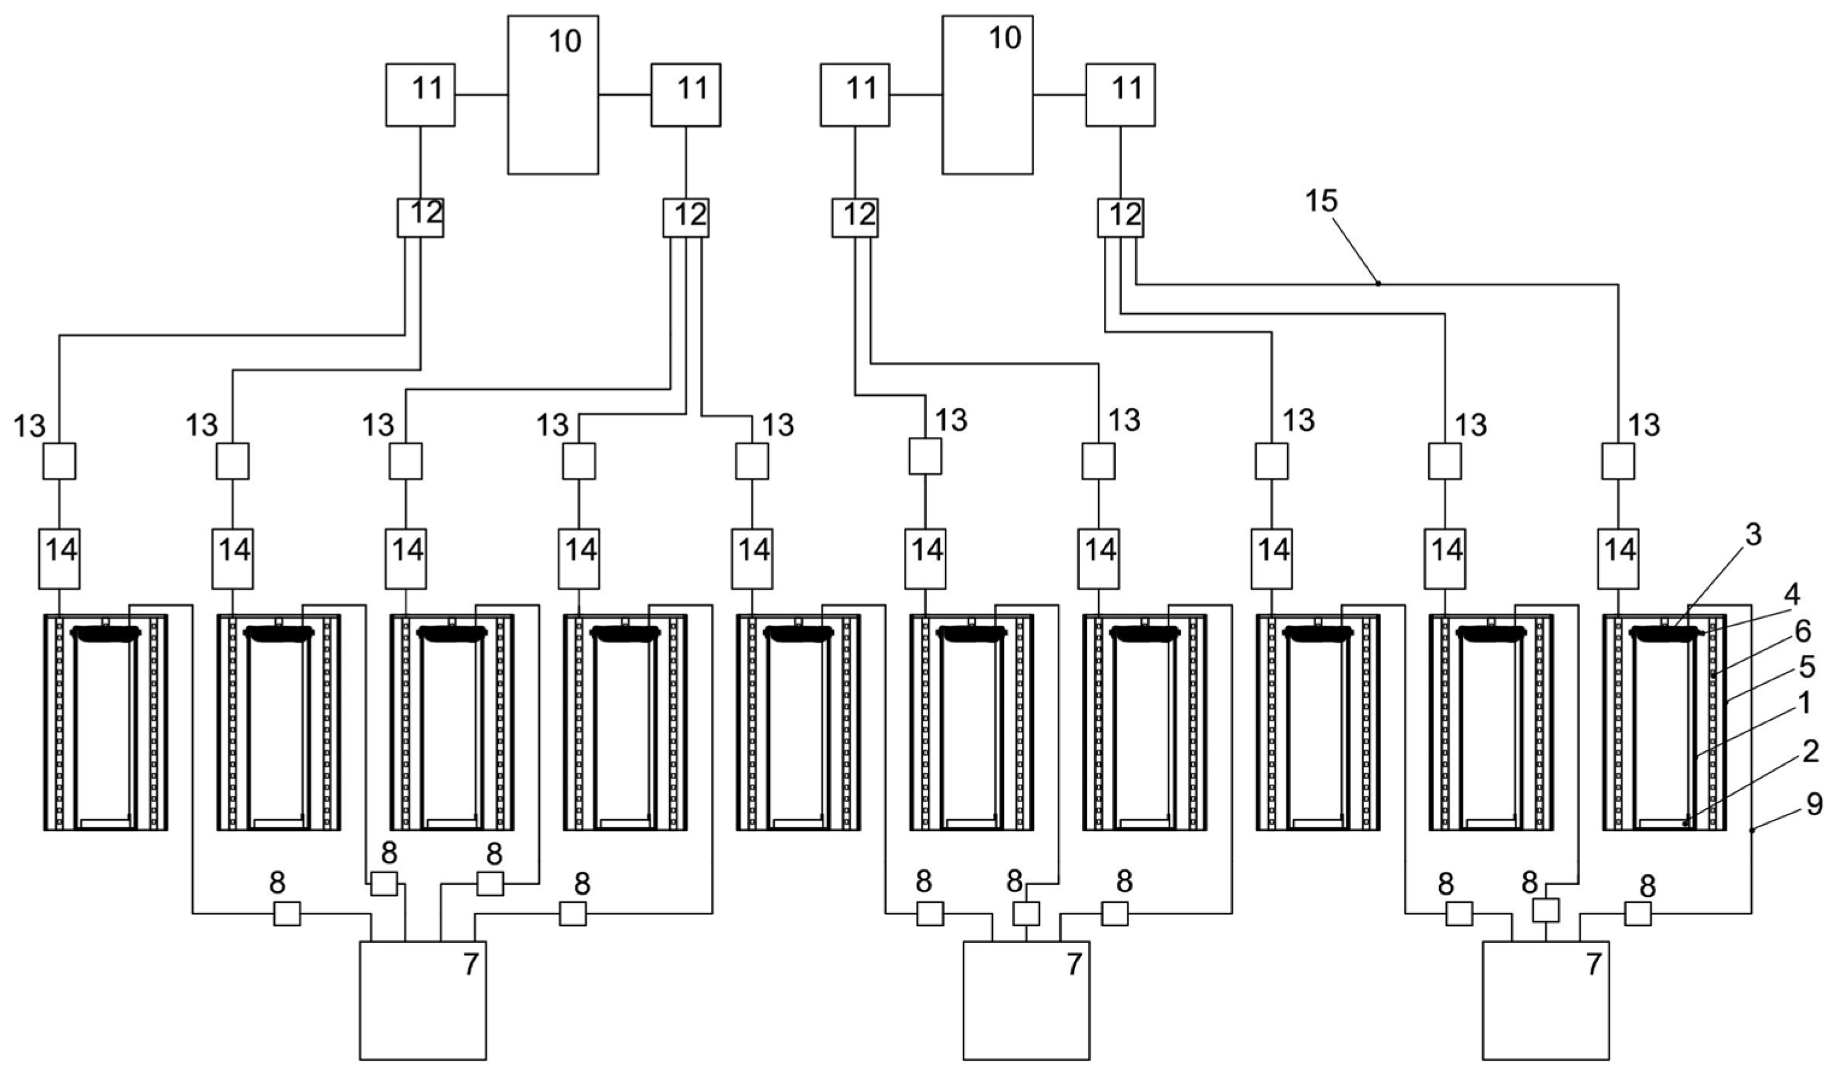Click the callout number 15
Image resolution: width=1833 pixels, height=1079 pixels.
tap(1321, 201)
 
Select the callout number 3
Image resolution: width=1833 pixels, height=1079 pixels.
tap(1753, 535)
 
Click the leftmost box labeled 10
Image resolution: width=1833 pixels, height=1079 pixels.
tap(553, 95)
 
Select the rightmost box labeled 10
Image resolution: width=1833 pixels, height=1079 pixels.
tap(987, 95)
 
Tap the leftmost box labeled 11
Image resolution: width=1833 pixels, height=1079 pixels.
tap(421, 95)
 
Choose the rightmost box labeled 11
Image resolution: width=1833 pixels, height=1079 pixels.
tap(1120, 95)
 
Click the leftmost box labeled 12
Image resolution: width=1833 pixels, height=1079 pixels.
tap(421, 217)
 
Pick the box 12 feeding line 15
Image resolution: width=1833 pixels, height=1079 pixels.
tap(1120, 217)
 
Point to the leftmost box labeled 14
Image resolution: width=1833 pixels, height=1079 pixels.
tap(59, 558)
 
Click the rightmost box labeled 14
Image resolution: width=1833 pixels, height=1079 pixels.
tap(1618, 558)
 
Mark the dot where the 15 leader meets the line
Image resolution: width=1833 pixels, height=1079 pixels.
tap(1377, 284)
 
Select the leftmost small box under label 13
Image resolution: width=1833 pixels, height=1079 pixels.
tap(59, 461)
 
